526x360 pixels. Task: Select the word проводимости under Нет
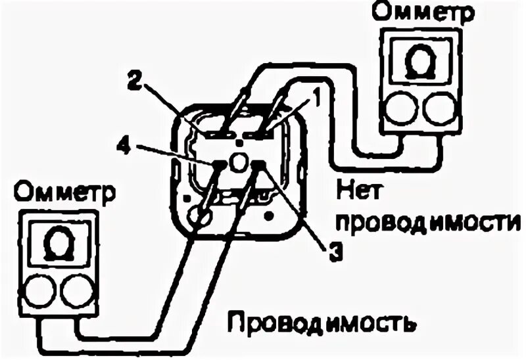(x=427, y=223)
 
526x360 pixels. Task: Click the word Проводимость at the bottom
(x=322, y=323)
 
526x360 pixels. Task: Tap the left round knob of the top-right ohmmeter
(x=399, y=107)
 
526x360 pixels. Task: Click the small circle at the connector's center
(x=239, y=161)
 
